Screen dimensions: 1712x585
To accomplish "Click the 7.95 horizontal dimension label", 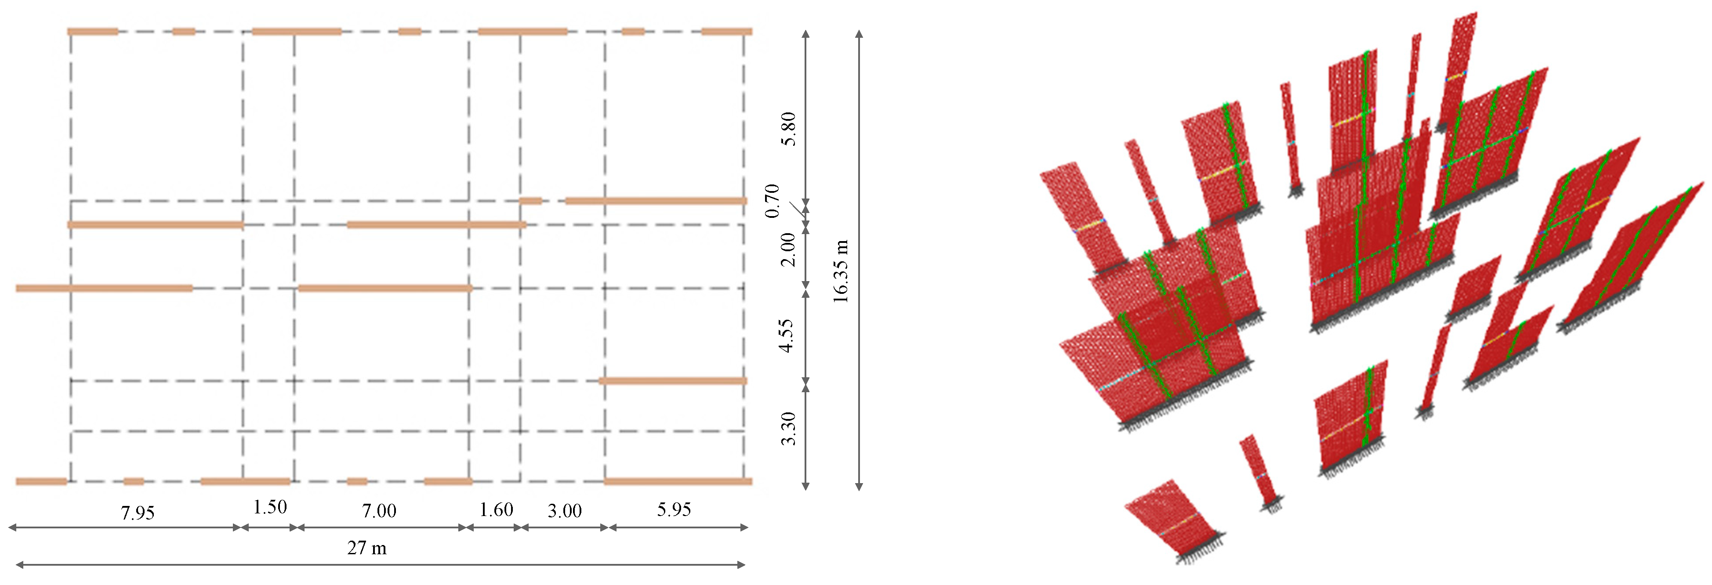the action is click(138, 513).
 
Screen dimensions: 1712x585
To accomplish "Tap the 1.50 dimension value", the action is click(270, 507).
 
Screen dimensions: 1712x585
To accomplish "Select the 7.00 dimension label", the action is click(379, 511).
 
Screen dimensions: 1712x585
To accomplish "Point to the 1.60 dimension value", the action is click(497, 510).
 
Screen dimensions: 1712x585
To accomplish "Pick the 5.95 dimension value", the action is click(674, 509).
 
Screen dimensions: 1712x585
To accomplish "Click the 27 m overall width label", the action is click(367, 548).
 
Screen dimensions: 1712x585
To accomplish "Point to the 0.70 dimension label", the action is click(772, 201).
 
